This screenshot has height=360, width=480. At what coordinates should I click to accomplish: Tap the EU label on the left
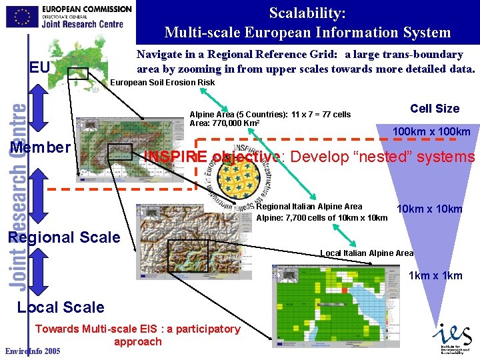[40, 67]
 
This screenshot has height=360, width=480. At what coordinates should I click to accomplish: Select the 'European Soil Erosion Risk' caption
[162, 83]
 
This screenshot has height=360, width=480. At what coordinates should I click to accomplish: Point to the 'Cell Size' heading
[435, 109]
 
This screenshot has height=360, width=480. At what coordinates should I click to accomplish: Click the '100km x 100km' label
[431, 132]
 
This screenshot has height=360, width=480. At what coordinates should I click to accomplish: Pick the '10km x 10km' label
[429, 209]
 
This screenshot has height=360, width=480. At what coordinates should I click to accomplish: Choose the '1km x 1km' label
[435, 275]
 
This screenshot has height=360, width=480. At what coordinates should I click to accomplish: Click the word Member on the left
[40, 147]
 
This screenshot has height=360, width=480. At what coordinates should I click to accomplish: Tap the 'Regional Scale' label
[63, 237]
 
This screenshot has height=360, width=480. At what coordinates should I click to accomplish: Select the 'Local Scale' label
[61, 307]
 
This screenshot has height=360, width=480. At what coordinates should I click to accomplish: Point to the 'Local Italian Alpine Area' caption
[367, 253]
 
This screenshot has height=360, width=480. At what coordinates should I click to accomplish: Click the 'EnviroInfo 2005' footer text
[32, 351]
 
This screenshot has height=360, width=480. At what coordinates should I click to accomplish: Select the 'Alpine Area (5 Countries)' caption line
[270, 115]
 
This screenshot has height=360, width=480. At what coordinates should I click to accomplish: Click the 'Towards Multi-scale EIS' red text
[137, 329]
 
